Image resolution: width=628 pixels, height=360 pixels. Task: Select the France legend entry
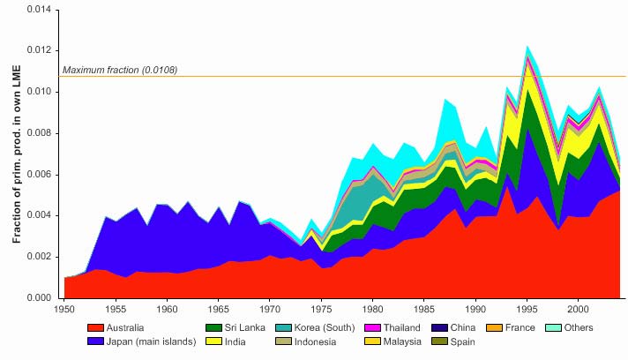511,327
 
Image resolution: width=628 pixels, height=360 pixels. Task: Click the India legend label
226,341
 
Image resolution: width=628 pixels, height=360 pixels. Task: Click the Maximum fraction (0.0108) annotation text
120,70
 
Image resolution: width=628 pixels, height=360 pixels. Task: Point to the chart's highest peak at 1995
527,46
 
